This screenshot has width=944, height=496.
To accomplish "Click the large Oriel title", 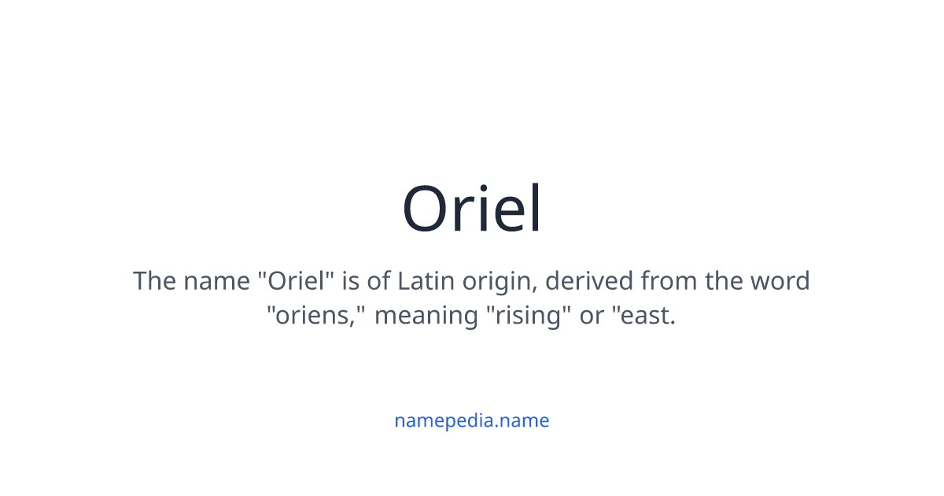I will click(472, 209).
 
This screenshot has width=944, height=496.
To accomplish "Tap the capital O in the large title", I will click(429, 210).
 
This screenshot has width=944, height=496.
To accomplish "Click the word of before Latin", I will click(381, 281).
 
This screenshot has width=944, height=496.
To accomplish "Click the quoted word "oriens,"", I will click(316, 316).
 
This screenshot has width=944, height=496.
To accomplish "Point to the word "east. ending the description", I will click(645, 316).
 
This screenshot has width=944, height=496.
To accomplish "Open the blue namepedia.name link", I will click(472, 420).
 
